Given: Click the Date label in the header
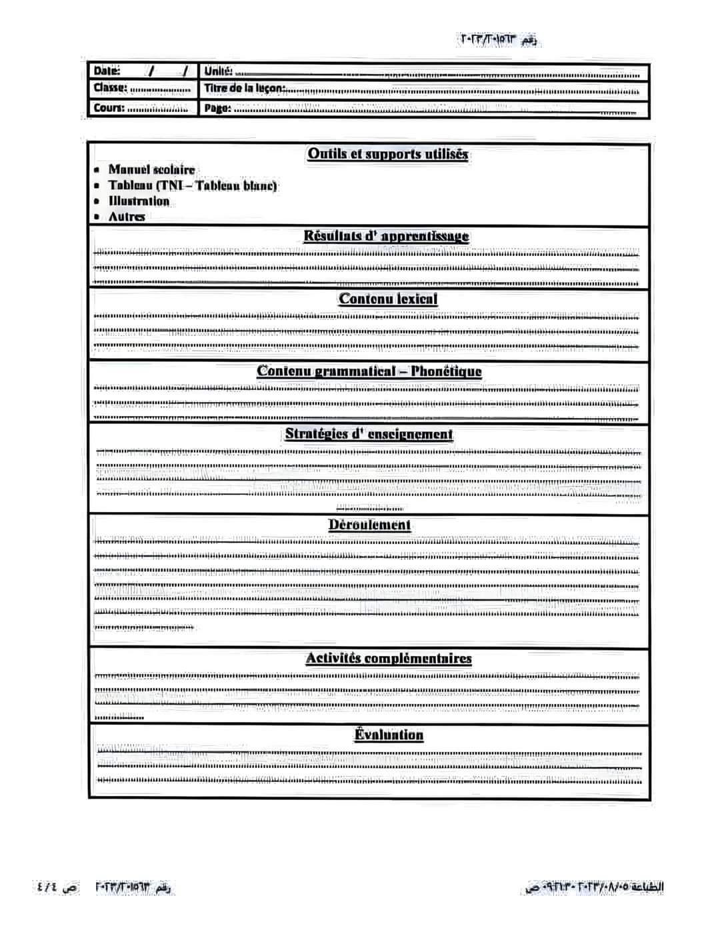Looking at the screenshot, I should tap(107, 71).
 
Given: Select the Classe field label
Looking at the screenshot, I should tap(110, 87).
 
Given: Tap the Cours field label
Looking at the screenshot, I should tap(109, 107).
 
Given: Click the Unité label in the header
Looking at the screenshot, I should tap(218, 71).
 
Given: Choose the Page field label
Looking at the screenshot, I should tap(217, 108).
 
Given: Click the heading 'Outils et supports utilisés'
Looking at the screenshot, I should tap(387, 154).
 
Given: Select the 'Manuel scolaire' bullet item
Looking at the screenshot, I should tap(151, 170).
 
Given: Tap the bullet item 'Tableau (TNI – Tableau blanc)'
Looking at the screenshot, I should tap(193, 185).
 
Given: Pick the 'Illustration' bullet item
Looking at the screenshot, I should tap(139, 201).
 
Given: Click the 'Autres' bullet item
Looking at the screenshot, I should tap(127, 216).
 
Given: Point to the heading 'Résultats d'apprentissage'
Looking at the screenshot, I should tap(386, 236).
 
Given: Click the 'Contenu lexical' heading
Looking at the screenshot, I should tap(388, 299).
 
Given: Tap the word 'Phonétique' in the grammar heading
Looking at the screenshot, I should tap(446, 371).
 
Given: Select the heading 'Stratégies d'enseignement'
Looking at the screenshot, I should tap(369, 434).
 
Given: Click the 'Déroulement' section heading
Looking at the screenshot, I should tap(369, 525).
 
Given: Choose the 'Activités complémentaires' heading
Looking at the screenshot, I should tap(388, 659).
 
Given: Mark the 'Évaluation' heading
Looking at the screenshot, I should tap(389, 735).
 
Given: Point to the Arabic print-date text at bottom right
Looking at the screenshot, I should tap(595, 887).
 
